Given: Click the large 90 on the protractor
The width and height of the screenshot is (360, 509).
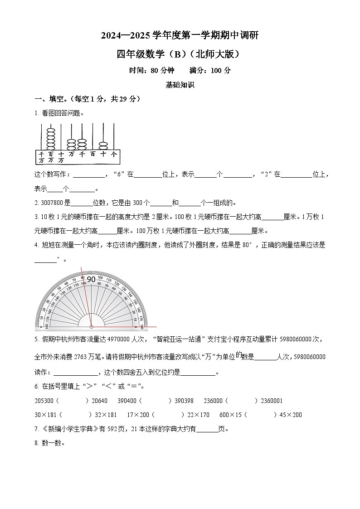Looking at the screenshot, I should click(x=91, y=279).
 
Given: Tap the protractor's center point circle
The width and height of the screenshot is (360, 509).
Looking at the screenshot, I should click(x=91, y=326).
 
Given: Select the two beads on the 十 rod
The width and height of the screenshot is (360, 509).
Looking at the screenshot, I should click(x=104, y=145).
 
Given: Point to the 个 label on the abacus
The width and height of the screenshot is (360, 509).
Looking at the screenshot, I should click(x=114, y=155).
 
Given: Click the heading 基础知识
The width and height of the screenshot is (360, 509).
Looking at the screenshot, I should click(x=180, y=85).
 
